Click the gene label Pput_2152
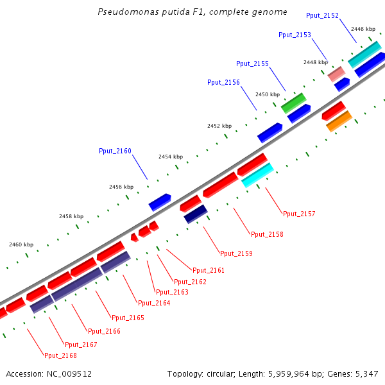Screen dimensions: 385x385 click(x=323, y=15)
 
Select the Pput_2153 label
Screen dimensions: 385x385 click(x=295, y=35)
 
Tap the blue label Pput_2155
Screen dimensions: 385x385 click(x=252, y=64)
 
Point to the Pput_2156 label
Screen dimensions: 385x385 click(x=223, y=82)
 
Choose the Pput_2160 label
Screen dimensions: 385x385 click(x=115, y=151)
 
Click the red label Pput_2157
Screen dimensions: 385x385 click(x=299, y=214)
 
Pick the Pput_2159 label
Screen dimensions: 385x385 click(x=236, y=253)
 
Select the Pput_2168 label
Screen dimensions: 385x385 click(x=60, y=355)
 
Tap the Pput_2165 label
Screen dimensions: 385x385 click(x=128, y=318)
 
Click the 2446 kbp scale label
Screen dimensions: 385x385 click(x=363, y=29)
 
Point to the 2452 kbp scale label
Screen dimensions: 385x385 click(x=219, y=126)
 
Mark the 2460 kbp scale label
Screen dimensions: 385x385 click(x=21, y=244)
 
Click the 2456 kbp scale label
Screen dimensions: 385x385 click(x=121, y=187)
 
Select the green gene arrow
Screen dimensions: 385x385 click(x=293, y=103)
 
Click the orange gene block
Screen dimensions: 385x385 click(x=339, y=121)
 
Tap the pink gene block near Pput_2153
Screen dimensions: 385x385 click(x=336, y=74)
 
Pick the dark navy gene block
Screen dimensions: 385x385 click(x=196, y=214)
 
